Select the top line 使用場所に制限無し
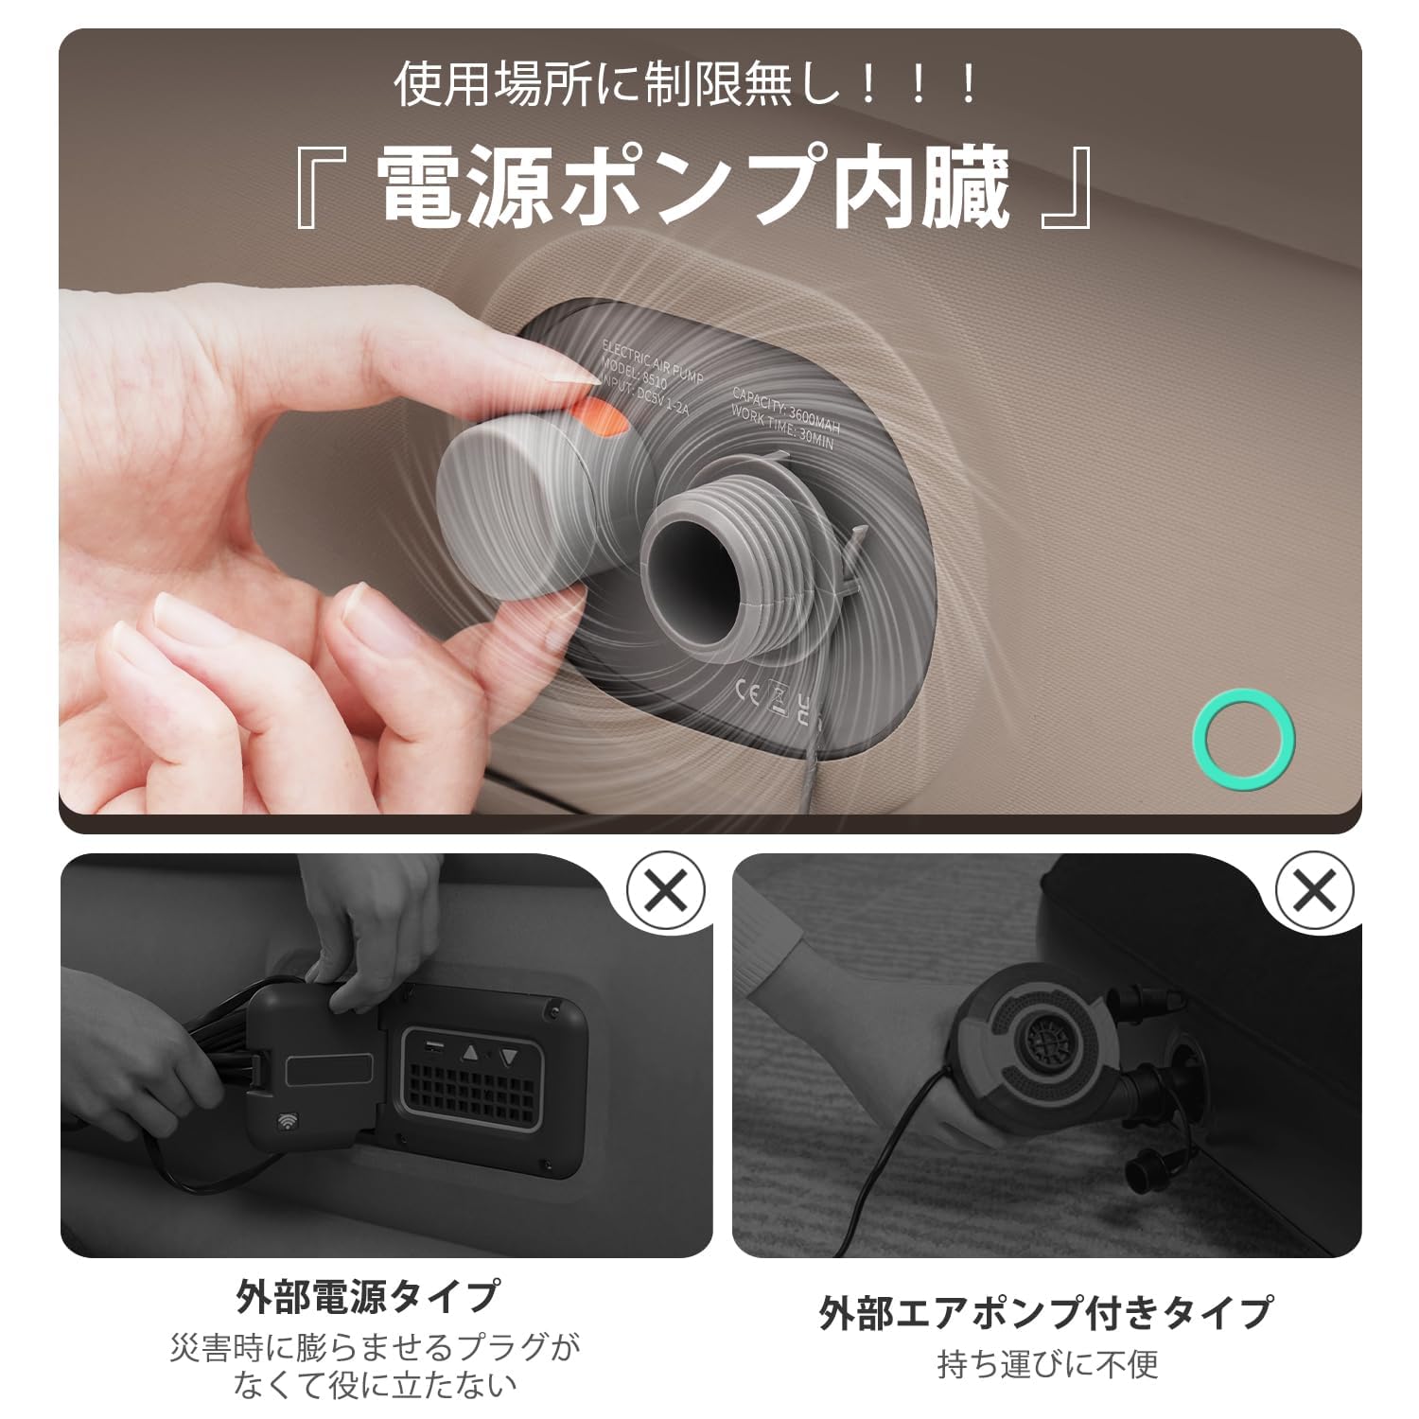coord(687,85)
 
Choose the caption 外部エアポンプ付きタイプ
coord(1046,1312)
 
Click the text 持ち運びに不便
coord(1047,1363)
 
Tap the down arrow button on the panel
coord(510,1057)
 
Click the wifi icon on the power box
coord(287,1122)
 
